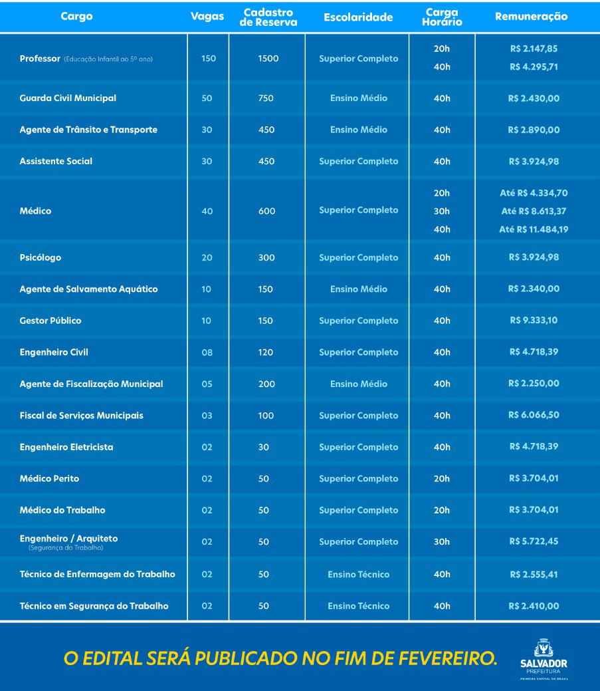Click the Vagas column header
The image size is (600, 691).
coord(207,17)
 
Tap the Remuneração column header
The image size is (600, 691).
coord(532,17)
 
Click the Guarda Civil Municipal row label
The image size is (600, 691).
coord(68,98)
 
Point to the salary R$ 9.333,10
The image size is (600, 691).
coord(534,321)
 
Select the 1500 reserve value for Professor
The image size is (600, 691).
coord(268,59)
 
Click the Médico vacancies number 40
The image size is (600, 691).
coord(207,211)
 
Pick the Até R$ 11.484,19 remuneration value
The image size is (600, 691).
coord(534,229)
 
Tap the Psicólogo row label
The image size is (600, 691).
coord(41,257)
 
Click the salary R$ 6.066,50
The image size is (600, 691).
coord(534,415)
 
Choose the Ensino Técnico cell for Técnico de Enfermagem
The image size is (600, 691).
coord(359,574)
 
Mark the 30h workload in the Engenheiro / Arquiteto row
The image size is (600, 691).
coord(442,542)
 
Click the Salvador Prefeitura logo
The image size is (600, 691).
coord(544,659)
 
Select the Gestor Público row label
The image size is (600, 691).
coord(50,321)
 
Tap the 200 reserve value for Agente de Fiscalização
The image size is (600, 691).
coord(266,384)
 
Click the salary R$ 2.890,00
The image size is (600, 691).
coord(534,130)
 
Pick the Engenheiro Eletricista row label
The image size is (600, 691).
coord(66,447)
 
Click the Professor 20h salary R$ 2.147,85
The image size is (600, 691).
coord(534,49)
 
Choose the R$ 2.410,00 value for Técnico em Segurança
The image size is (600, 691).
coord(534,606)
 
